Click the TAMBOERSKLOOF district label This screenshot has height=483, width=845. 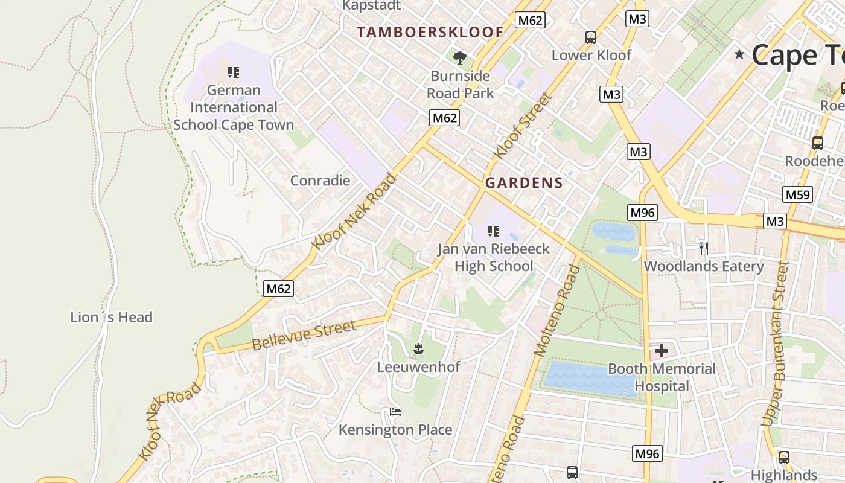pos(430,32)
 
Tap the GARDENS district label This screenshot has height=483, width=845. pos(524,183)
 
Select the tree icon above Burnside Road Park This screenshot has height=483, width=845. pos(460,58)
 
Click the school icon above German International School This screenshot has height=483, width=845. pos(234,72)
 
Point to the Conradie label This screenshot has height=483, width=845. pos(320,181)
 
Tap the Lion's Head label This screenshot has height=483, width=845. pos(111,317)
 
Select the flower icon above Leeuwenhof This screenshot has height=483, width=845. pos(418,348)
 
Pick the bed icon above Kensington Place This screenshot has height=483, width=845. pos(395,412)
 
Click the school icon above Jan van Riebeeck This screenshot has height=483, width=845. pos(494,231)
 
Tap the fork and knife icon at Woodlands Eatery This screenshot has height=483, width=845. pos(703,248)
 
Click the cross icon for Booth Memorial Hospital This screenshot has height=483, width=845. pos(662,350)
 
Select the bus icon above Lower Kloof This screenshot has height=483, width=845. pos(591,37)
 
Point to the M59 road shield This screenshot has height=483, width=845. pos(797,194)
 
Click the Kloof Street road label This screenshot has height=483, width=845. pos(523,126)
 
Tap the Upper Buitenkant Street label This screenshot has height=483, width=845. pos(776,344)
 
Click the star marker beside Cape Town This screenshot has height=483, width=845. pos(739,54)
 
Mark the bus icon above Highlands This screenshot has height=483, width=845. pos(783,458)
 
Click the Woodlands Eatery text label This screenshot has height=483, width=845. pos(704,266)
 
